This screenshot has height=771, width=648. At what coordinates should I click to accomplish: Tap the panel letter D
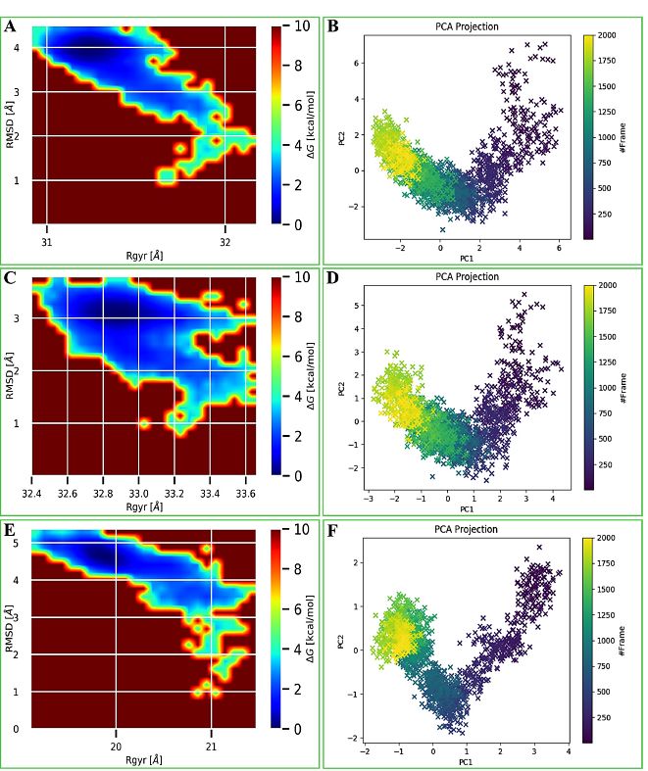click(x=333, y=277)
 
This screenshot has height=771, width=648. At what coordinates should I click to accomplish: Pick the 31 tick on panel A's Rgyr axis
click(x=48, y=241)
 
